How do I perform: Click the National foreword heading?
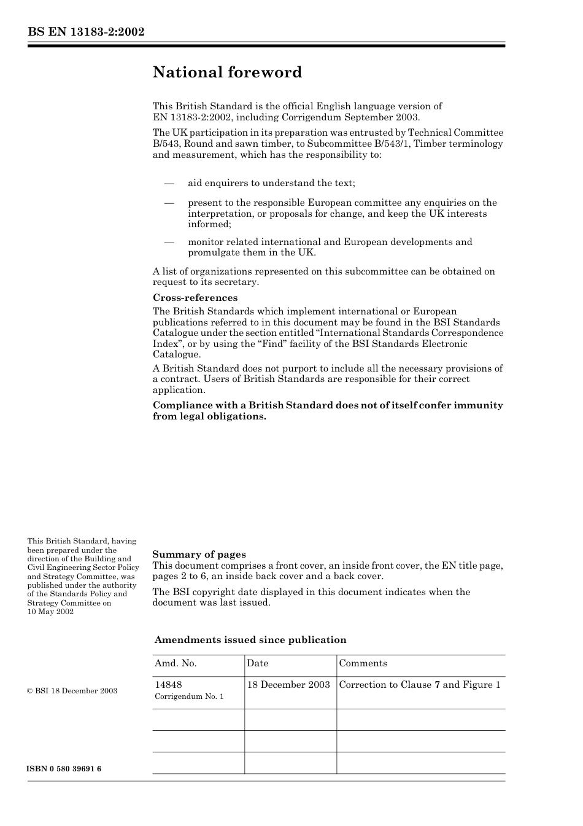(227, 72)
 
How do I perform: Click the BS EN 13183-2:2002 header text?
(86, 32)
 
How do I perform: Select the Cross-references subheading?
(195, 298)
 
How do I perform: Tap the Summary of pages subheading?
(199, 555)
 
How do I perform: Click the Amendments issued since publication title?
(250, 640)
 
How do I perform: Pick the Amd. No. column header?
(176, 663)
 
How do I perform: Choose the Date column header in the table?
(258, 663)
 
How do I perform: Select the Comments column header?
(363, 663)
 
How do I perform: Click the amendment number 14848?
(168, 685)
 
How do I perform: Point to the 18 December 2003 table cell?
(288, 685)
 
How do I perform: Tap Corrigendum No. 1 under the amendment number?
(189, 696)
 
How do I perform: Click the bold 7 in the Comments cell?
(437, 685)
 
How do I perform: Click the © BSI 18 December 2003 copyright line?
(72, 691)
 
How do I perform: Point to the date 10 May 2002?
(50, 612)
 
